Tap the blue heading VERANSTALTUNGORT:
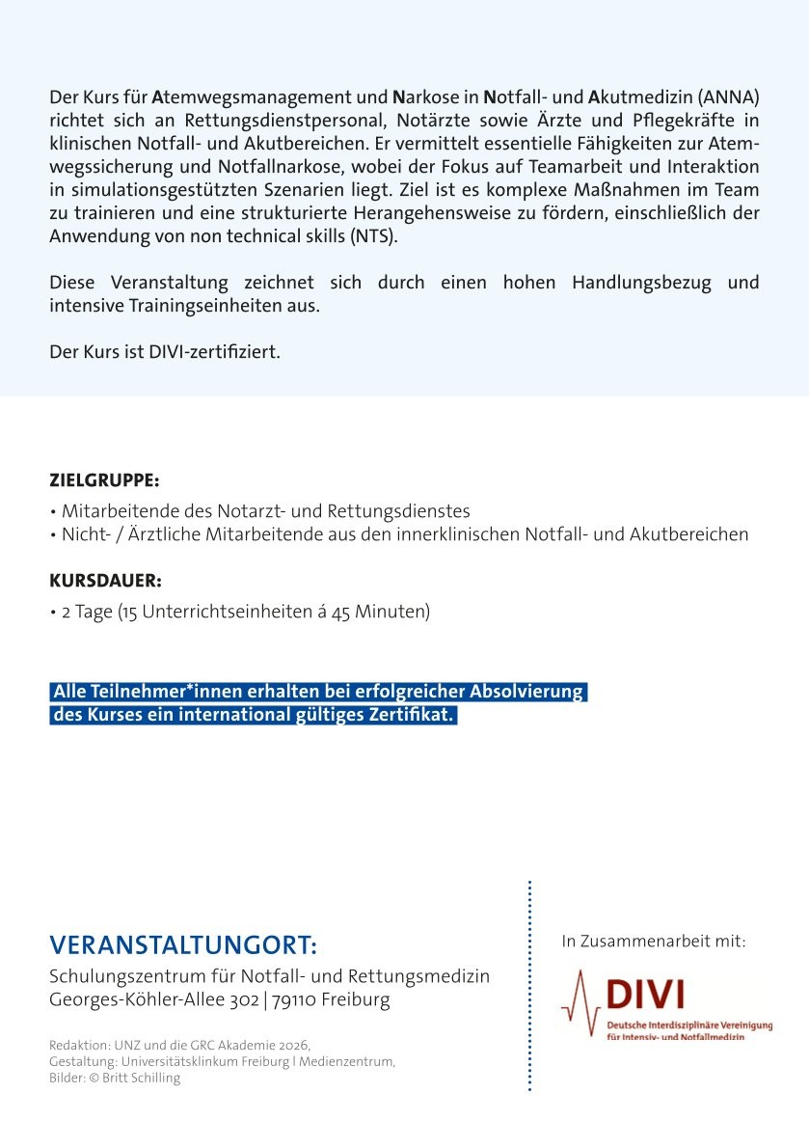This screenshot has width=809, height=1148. [x=182, y=943]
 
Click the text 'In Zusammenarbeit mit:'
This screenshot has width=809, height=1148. [x=654, y=941]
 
